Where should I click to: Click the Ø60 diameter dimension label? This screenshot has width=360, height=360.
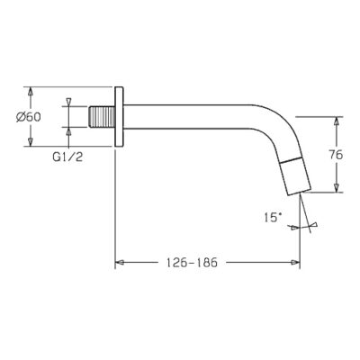(29, 117)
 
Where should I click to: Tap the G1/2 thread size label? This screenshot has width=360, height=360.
(67, 157)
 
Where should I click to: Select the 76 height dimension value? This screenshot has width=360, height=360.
(336, 155)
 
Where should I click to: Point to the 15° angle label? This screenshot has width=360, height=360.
(273, 218)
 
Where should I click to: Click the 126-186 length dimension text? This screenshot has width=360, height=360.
(192, 263)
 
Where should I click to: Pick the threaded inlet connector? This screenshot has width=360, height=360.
(102, 117)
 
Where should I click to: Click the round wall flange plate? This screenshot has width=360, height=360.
(119, 117)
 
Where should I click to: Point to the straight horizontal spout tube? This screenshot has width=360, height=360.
(187, 117)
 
